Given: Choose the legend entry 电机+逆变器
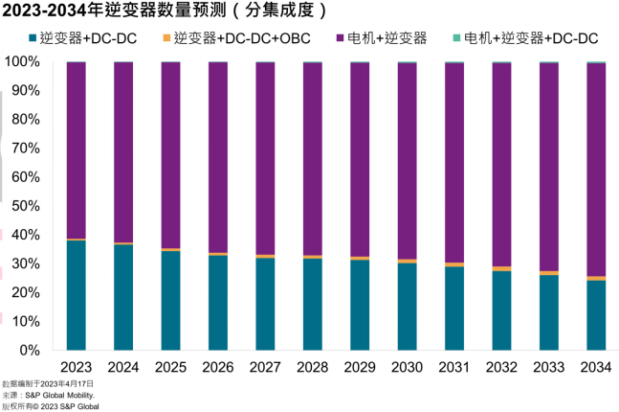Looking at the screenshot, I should point(384,39).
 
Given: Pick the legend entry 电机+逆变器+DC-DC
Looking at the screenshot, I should point(525,39).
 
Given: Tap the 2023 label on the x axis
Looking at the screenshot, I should point(77,367).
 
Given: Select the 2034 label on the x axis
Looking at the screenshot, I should point(596,367).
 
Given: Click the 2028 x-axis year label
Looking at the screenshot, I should point(313,367).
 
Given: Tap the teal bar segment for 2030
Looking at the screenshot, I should point(407,306).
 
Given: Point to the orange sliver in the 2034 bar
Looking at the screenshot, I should point(596,278).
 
